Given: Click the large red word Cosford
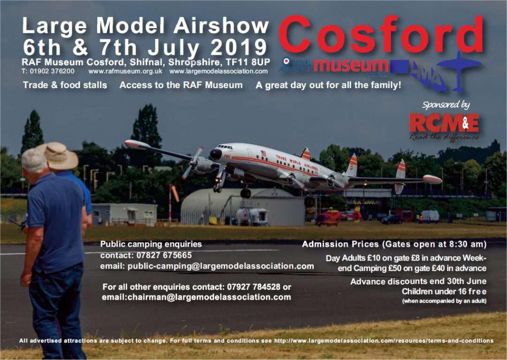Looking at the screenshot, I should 382,35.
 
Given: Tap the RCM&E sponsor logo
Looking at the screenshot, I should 444,123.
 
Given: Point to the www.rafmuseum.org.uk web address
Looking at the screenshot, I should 125,72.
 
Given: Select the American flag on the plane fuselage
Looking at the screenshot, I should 263,154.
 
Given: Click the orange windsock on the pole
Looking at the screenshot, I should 174,192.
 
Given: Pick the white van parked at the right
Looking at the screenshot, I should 429,216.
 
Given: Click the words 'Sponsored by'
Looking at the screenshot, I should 446,105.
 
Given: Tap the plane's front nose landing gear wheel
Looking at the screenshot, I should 218,188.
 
